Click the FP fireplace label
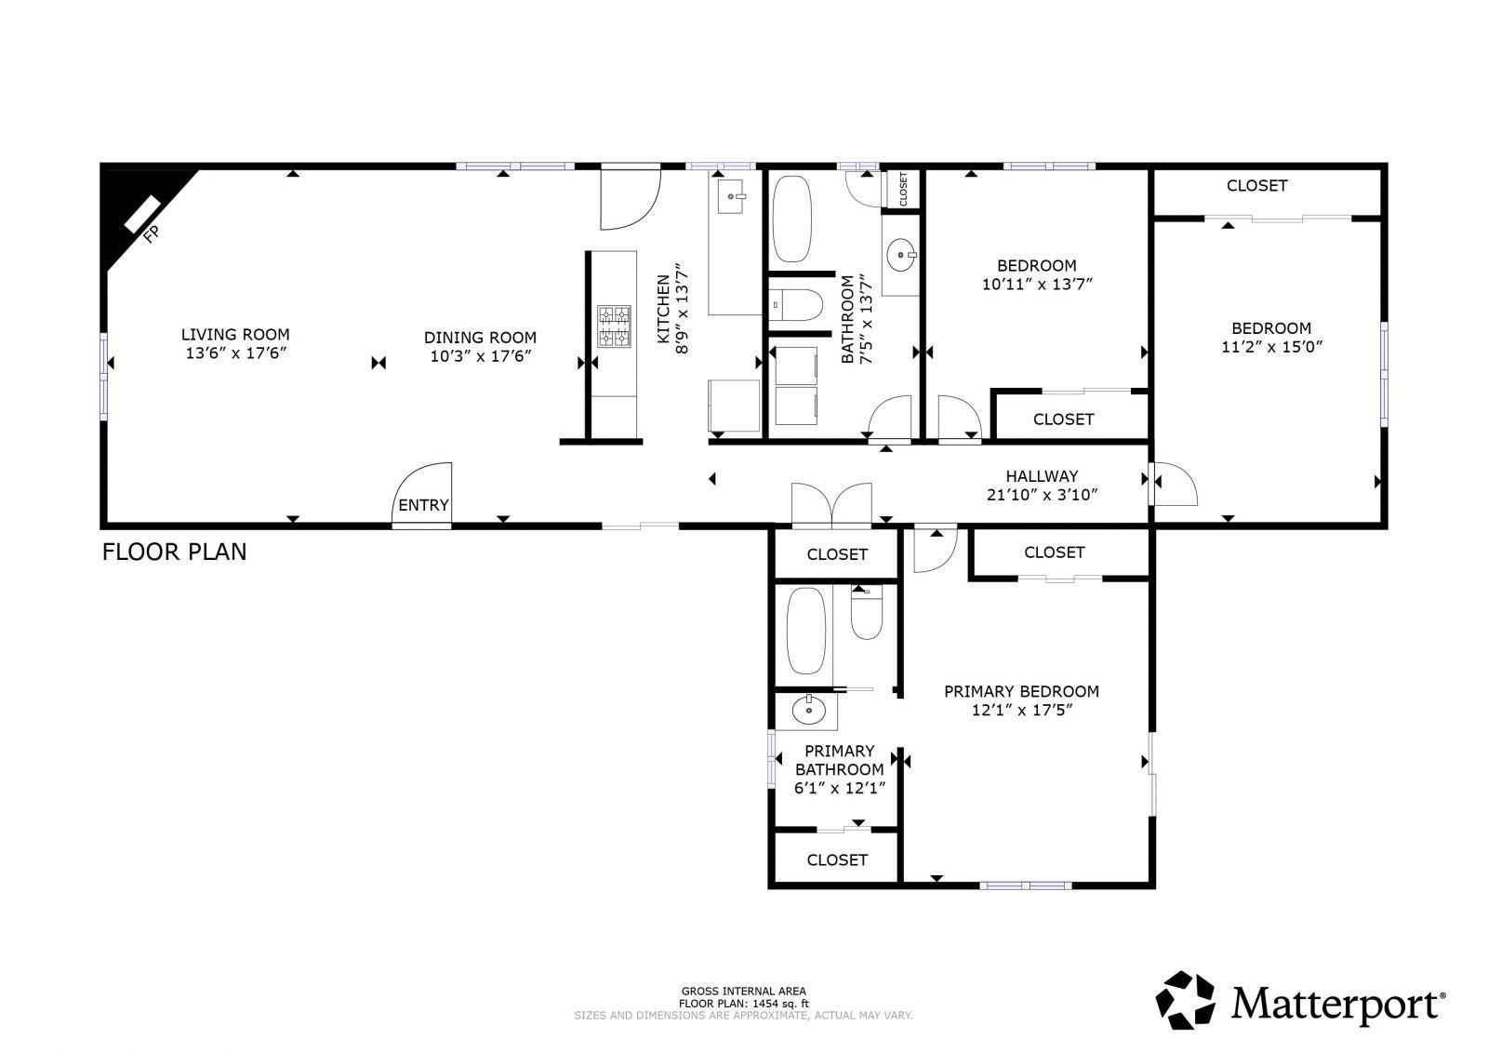click(152, 233)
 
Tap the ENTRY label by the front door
click(423, 506)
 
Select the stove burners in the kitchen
click(614, 326)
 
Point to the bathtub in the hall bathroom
click(791, 219)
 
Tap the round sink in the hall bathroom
click(901, 255)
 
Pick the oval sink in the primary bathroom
click(809, 711)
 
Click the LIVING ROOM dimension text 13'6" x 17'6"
click(236, 353)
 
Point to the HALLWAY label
click(1042, 476)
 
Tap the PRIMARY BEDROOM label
click(1021, 692)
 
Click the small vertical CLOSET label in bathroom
click(903, 189)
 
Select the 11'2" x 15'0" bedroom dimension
click(1272, 347)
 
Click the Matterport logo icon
click(1185, 1000)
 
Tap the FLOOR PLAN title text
click(174, 552)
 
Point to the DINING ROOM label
click(480, 338)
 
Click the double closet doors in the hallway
click(831, 505)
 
